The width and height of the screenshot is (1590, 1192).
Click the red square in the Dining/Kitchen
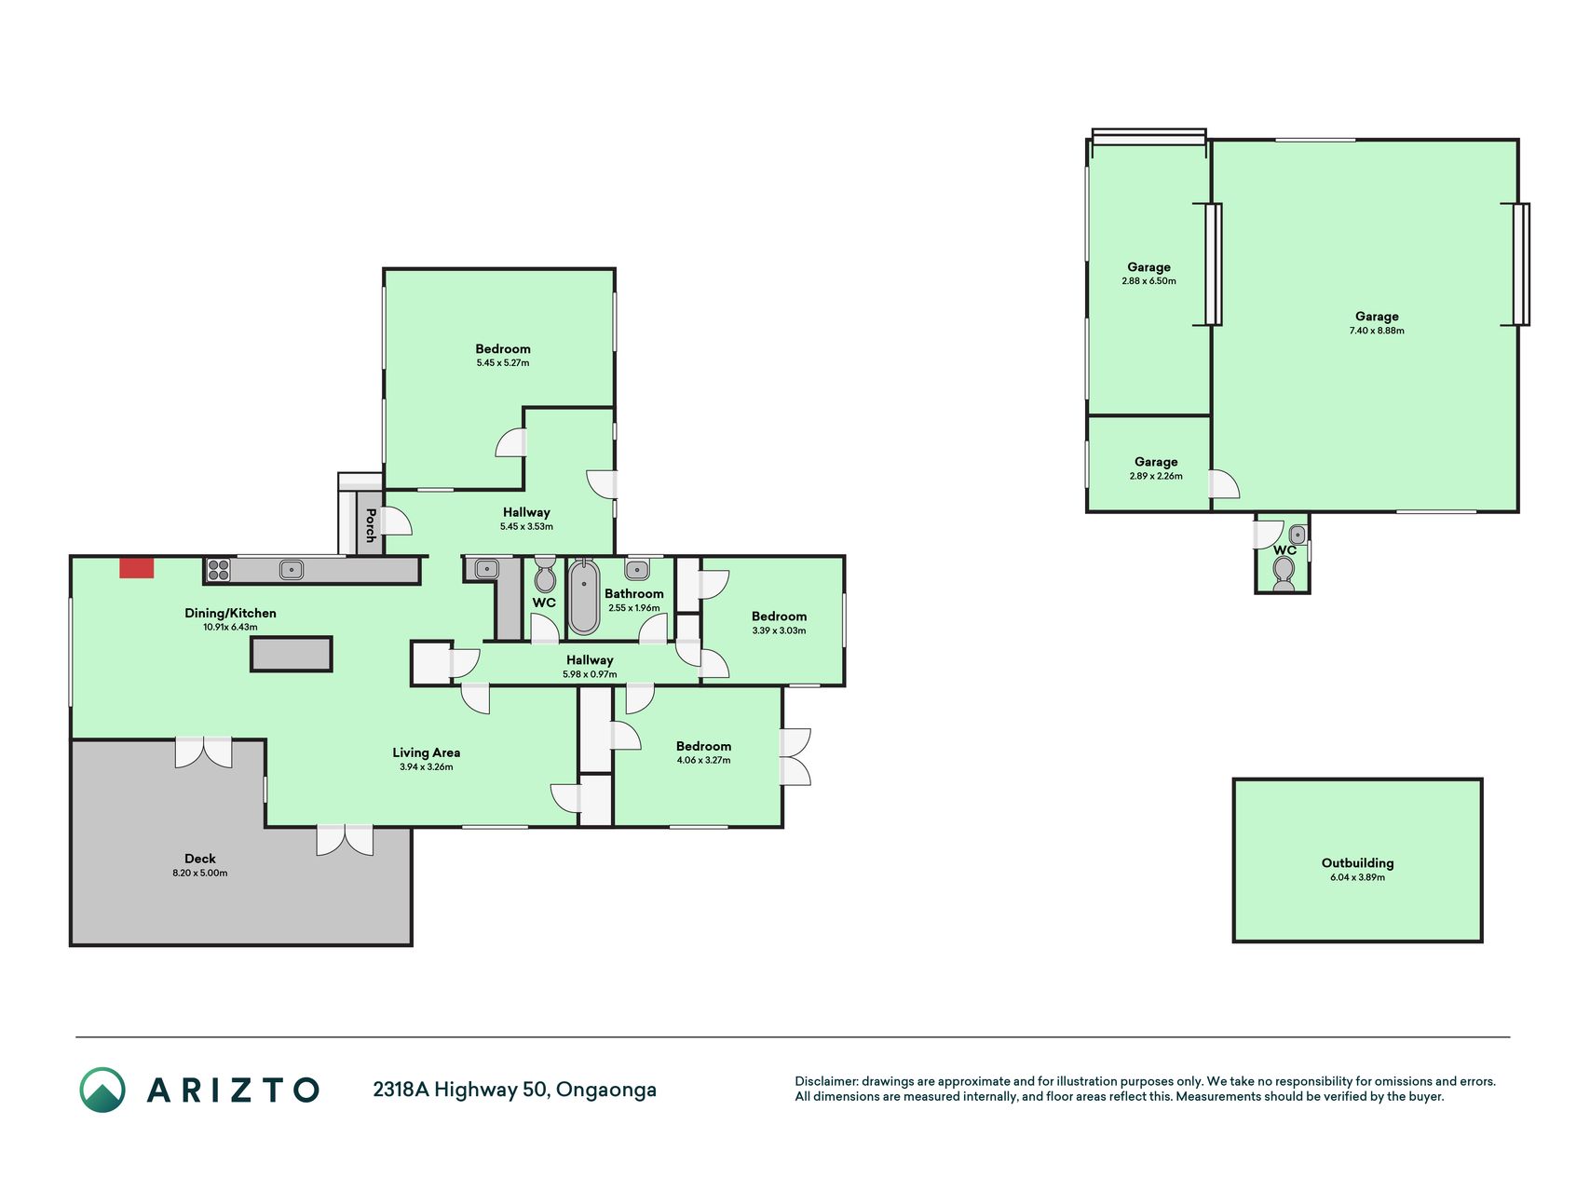click(x=136, y=567)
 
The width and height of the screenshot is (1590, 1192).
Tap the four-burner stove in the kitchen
click(x=218, y=569)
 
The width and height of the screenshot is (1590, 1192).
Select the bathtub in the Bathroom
click(x=584, y=597)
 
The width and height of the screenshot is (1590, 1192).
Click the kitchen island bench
click(x=291, y=654)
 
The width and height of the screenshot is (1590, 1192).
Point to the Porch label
click(x=371, y=525)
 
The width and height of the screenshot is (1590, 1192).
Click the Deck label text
click(x=200, y=859)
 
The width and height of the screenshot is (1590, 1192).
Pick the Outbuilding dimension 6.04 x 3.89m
click(x=1357, y=877)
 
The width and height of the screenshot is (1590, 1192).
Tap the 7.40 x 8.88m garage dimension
click(x=1377, y=331)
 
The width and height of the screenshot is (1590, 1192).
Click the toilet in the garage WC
click(x=1284, y=573)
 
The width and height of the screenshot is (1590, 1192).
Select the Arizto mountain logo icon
click(x=102, y=1090)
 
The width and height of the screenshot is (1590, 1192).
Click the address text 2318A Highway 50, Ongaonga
click(x=514, y=1090)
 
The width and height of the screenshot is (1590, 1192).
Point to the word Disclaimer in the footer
click(x=825, y=1081)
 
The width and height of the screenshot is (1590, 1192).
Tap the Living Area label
click(x=427, y=752)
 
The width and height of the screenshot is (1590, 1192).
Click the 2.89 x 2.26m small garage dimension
click(x=1156, y=476)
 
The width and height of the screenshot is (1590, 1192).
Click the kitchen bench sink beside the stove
click(x=292, y=569)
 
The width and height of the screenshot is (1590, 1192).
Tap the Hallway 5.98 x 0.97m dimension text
click(x=590, y=674)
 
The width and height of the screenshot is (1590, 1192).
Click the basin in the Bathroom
click(x=638, y=569)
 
